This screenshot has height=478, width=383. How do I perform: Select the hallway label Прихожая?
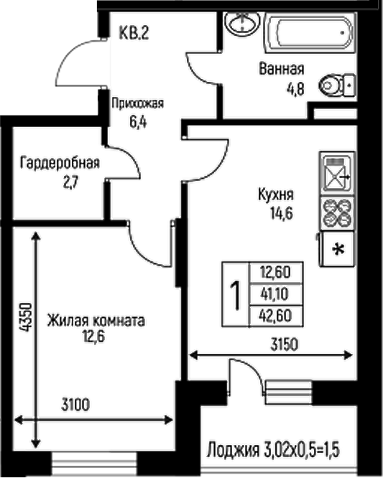coord(137,103)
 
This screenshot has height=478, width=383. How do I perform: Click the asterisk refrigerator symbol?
coord(336,250)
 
